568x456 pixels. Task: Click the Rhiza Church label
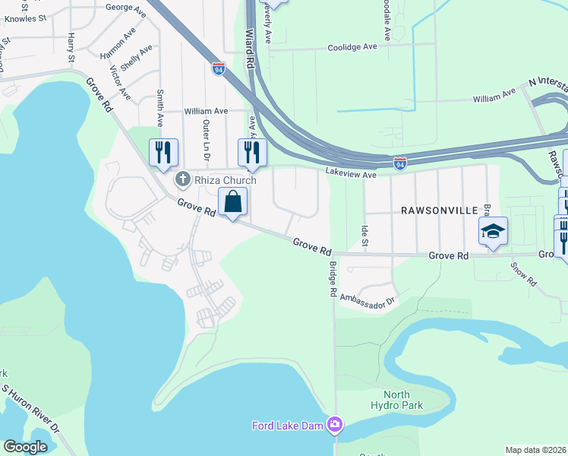[224, 180]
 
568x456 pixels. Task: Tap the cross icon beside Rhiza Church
[181, 179]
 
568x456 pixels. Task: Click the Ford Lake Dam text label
[289, 425]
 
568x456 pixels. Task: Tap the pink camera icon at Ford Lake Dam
[335, 423]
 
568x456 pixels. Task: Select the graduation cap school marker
[493, 231]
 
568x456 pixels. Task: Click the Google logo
[26, 447]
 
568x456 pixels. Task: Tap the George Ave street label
[126, 8]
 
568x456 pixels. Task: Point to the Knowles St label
[25, 15]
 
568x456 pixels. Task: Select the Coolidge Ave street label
[352, 47]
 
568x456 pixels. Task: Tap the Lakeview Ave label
[352, 174]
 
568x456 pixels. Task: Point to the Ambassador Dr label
[368, 299]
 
